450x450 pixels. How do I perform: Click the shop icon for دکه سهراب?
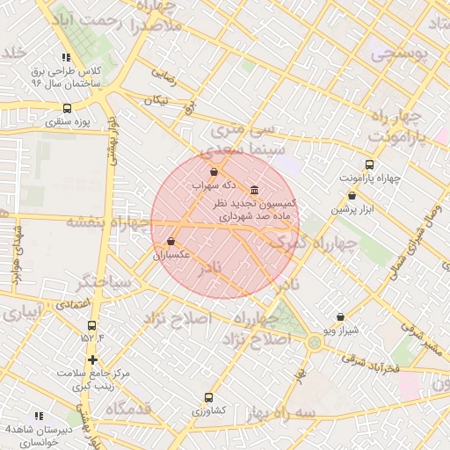tap(215, 171)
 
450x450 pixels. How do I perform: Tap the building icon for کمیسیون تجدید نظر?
tap(254, 190)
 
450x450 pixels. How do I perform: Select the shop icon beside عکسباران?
tap(171, 241)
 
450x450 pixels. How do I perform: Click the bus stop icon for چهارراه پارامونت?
tap(369, 164)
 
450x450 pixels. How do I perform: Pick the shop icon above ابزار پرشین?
tap(352, 196)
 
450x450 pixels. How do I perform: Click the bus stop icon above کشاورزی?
tap(208, 396)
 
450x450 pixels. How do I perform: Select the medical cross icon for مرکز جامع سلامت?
tap(92, 359)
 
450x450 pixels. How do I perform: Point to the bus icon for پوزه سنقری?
tap(68, 108)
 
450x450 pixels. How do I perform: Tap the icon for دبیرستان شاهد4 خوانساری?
tap(38, 416)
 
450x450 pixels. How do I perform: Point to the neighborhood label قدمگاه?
tap(129, 409)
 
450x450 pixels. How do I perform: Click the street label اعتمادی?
tap(72, 303)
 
